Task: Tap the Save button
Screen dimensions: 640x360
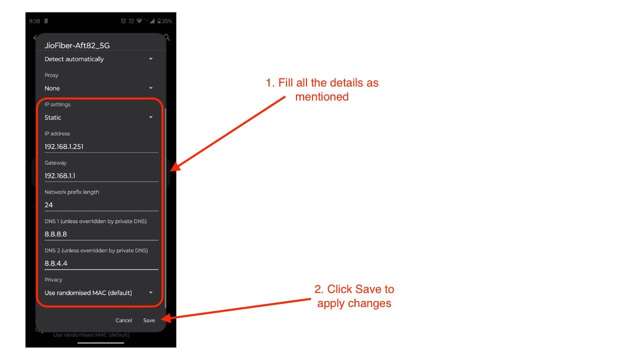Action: [149, 320]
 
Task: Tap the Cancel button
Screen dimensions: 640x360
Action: [123, 320]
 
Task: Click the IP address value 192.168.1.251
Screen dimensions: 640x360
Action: [64, 146]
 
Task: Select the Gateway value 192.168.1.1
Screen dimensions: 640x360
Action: [59, 175]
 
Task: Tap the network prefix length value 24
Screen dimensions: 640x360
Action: [48, 205]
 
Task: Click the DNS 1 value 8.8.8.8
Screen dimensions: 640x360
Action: [55, 234]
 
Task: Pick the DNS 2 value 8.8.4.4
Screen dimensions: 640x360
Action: [56, 263]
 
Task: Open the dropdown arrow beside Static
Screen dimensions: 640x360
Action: [151, 117]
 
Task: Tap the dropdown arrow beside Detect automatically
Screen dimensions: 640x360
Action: [151, 59]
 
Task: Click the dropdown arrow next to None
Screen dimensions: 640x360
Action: [151, 88]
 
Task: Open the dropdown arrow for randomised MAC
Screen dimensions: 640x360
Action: [151, 292]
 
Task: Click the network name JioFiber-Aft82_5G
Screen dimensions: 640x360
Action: [77, 45]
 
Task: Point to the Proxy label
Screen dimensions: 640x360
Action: [51, 75]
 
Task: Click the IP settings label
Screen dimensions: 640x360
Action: [57, 104]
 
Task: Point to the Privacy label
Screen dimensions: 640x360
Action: [53, 279]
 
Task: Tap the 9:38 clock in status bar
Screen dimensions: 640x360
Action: [34, 21]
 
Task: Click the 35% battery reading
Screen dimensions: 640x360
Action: [167, 21]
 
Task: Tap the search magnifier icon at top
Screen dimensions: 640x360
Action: [167, 37]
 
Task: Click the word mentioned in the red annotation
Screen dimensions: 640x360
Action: [322, 96]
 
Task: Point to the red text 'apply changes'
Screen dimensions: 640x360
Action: [354, 303]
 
